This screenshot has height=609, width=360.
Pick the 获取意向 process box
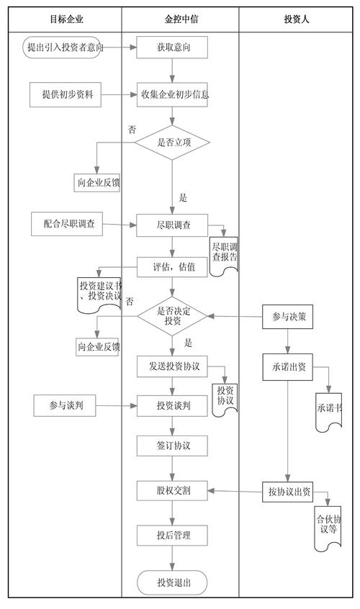tap(173, 48)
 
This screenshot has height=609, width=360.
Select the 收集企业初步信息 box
tap(173, 94)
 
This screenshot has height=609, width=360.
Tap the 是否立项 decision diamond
tap(173, 142)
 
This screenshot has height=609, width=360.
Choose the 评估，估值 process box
tap(173, 267)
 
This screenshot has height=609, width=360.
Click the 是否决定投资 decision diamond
tap(173, 316)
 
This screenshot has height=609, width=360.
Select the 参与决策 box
tap(287, 317)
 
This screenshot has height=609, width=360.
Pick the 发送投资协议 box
tap(173, 366)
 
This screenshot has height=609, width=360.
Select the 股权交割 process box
tap(173, 492)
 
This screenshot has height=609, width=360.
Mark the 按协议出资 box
tap(287, 492)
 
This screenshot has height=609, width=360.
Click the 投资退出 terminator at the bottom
tap(173, 582)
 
